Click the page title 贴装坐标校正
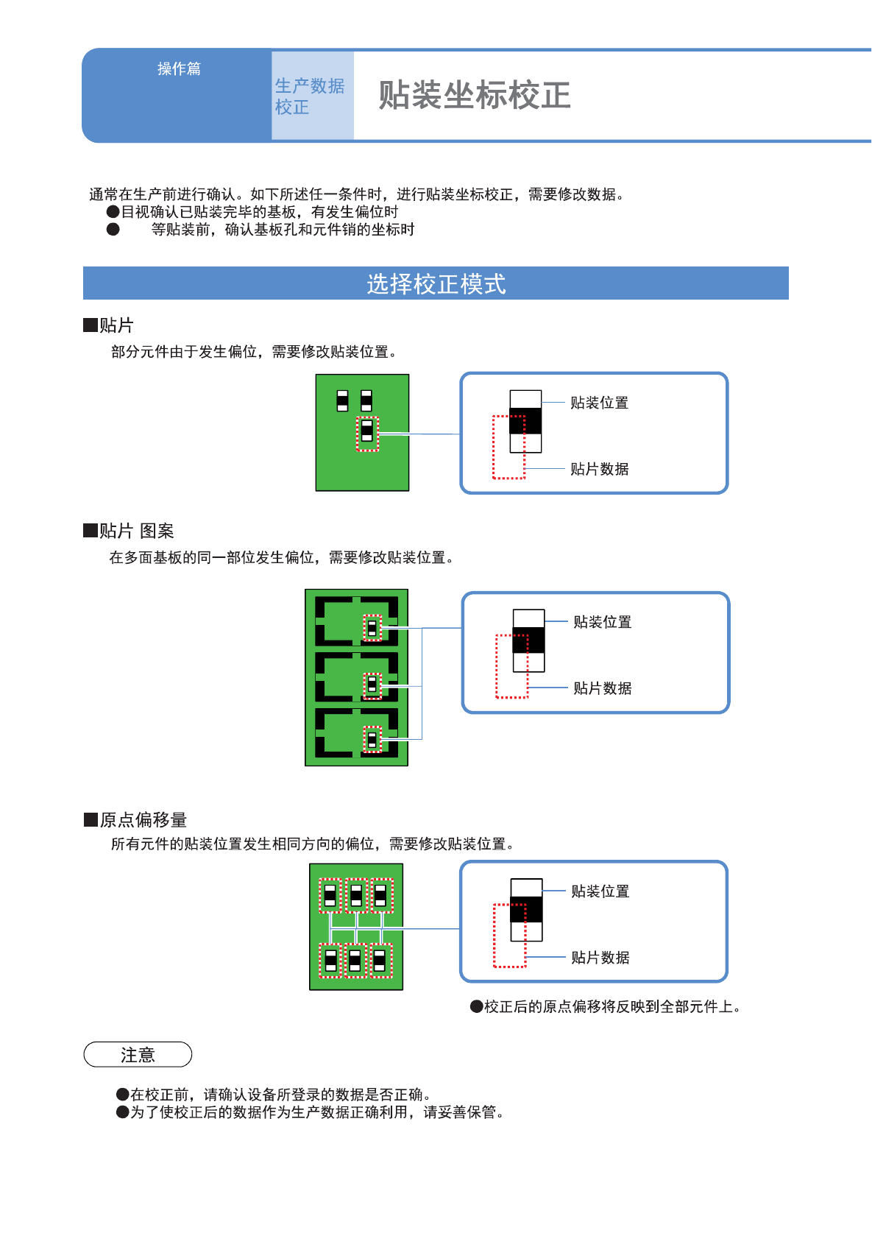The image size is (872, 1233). click(474, 96)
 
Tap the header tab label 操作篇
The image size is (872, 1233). click(179, 68)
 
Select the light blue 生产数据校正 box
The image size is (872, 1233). click(312, 96)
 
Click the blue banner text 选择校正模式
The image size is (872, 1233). click(436, 283)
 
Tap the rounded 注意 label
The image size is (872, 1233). click(138, 1055)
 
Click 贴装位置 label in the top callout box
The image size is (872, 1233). click(599, 403)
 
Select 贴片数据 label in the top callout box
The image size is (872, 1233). click(599, 469)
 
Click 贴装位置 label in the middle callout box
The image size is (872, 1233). click(602, 622)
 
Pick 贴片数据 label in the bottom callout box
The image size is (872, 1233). click(600, 958)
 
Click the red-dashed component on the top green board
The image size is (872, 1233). click(367, 434)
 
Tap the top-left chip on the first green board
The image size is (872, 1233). click(342, 400)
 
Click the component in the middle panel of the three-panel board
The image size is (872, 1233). click(372, 685)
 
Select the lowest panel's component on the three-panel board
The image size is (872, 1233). click(372, 739)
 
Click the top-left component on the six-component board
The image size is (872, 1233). click(330, 895)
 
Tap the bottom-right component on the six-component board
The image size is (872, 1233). click(380, 961)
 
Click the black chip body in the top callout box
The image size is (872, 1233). click(525, 421)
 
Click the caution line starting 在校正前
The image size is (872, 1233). click(280, 1095)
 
